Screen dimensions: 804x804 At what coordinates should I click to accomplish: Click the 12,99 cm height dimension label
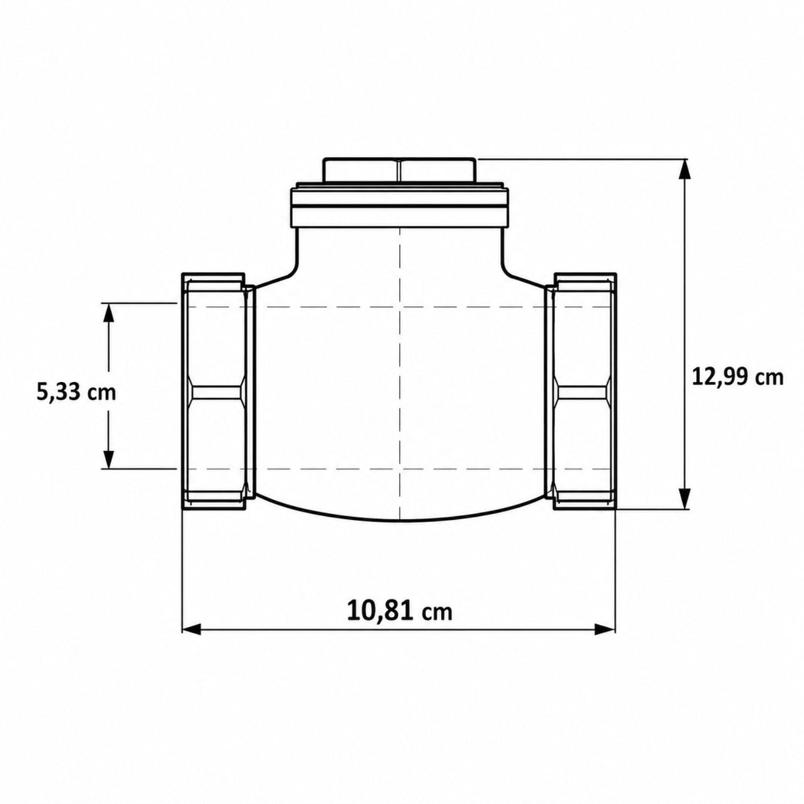coord(737,378)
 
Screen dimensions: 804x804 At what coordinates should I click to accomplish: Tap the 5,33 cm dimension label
coord(76,393)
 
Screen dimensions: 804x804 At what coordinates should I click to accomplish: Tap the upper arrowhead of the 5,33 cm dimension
coord(109,313)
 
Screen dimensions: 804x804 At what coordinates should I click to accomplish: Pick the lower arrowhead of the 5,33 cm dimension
coord(109,458)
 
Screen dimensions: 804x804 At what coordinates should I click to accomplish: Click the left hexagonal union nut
coord(214,391)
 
